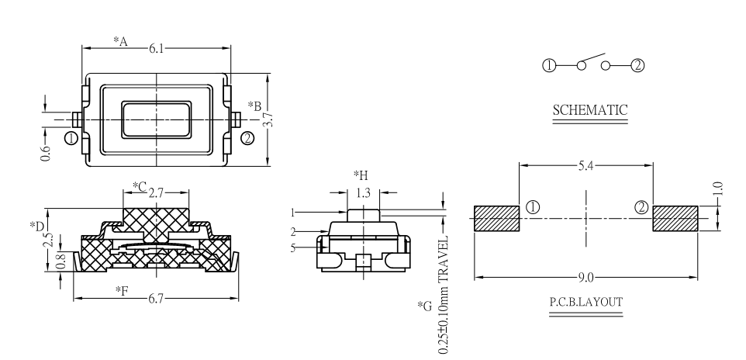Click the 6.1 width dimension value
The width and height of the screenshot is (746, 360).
157,48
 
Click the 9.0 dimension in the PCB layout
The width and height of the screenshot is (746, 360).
586,276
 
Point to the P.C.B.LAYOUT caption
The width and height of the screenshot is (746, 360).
586,301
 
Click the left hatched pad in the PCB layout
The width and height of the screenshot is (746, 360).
496,218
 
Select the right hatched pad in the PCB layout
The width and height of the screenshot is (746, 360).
675,218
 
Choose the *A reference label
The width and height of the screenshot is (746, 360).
120,40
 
